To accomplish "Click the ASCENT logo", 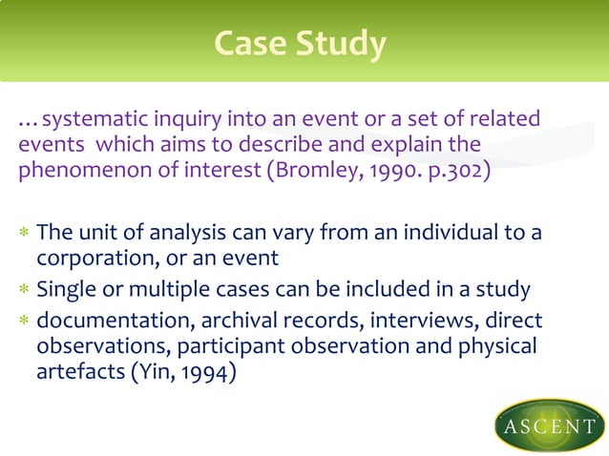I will coord(549,424).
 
